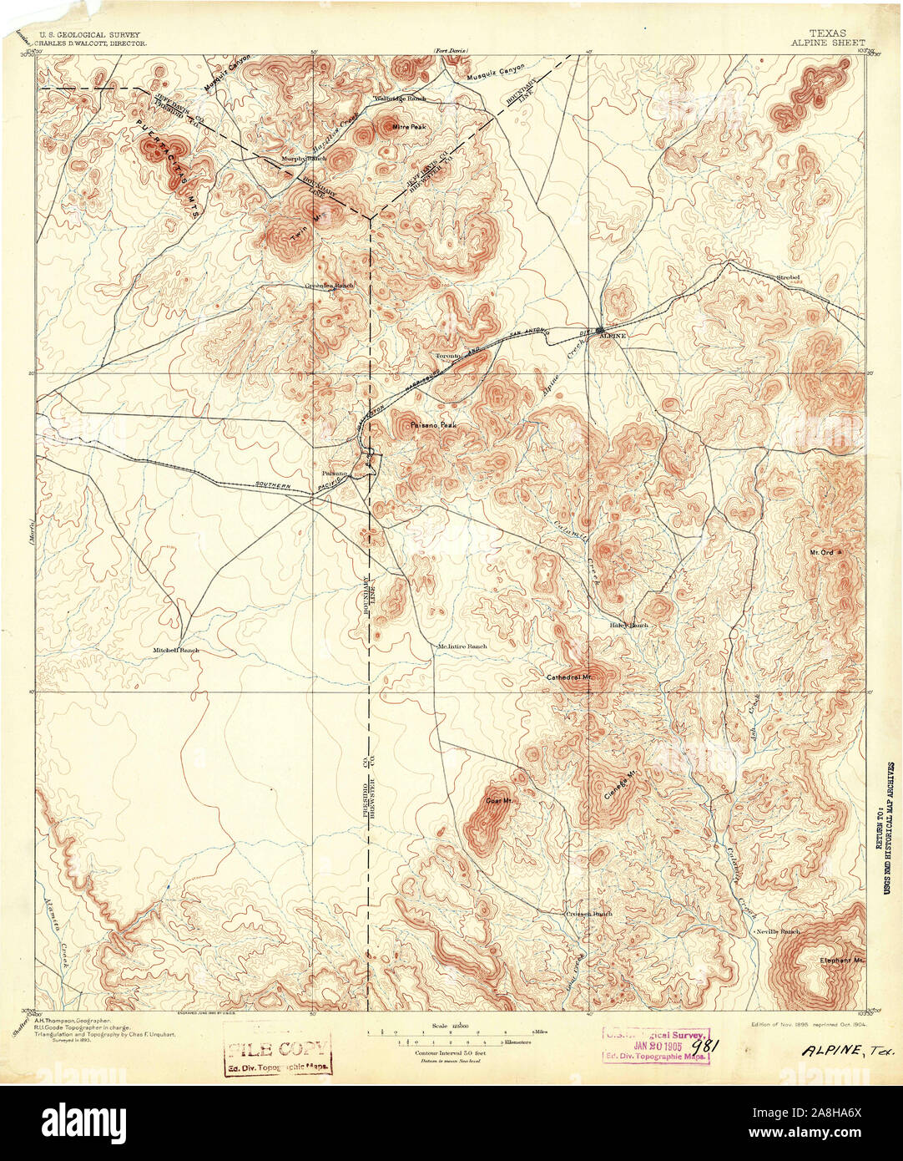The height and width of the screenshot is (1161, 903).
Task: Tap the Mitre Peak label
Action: coord(409,127)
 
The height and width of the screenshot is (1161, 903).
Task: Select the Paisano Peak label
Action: coord(432,426)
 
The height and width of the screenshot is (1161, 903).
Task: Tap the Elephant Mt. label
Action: coord(840,960)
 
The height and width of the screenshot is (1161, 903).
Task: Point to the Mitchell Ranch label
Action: coord(176,650)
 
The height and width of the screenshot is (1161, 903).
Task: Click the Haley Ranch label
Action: coord(628,625)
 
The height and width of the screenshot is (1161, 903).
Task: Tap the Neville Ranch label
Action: coord(777,930)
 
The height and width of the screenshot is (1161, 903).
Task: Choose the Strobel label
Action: coord(788,276)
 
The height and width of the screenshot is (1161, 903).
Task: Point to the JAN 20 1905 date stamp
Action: coord(656,1044)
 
